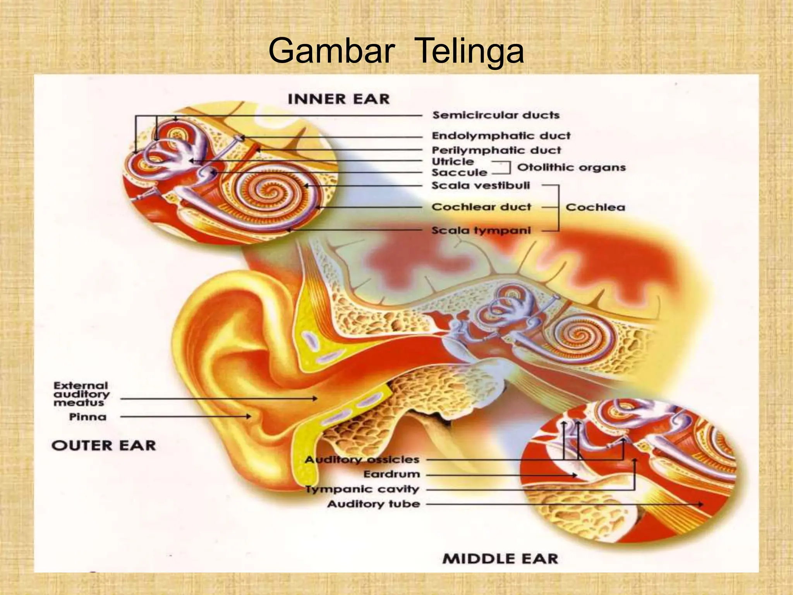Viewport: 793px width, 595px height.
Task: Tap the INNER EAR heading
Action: [338, 99]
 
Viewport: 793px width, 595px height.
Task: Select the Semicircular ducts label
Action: [496, 115]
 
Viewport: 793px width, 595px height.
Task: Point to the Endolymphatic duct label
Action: [501, 136]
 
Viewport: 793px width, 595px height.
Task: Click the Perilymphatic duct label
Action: [496, 150]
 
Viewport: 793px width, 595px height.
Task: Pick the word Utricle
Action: [453, 162]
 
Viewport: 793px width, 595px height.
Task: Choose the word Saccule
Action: [459, 172]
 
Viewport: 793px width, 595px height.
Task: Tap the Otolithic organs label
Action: [572, 167]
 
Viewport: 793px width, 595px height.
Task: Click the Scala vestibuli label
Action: [481, 186]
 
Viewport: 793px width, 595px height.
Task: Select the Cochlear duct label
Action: [481, 207]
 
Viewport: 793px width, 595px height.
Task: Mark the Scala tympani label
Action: [481, 230]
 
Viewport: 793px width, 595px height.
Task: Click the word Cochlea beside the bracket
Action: [595, 207]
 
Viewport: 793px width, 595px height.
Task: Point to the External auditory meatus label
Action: [81, 394]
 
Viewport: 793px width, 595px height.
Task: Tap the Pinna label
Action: [88, 417]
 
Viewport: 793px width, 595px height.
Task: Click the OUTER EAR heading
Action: [103, 445]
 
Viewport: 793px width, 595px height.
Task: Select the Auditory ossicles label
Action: [362, 460]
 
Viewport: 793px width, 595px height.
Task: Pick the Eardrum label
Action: [391, 474]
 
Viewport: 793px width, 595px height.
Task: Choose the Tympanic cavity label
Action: [363, 489]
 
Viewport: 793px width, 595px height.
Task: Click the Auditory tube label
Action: [373, 504]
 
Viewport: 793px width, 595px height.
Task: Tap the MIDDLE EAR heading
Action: [500, 559]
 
